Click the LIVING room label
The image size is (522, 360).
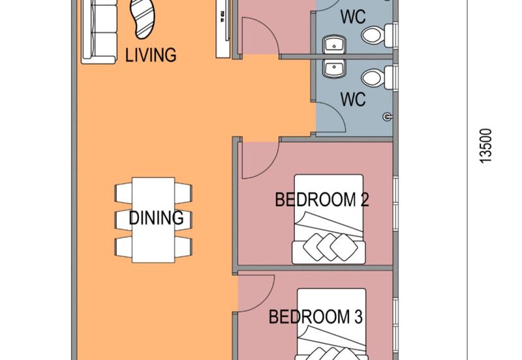[x=151, y=55]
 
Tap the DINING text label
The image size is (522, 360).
[x=155, y=218]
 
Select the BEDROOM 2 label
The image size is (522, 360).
[x=322, y=200]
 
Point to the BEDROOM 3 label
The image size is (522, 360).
[x=316, y=318]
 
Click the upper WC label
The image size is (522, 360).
[x=353, y=16]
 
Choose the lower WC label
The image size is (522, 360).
[x=353, y=100]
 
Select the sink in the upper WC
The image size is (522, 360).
[x=336, y=44]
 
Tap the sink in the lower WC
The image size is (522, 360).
[x=336, y=67]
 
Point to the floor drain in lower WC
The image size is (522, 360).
[x=388, y=117]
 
